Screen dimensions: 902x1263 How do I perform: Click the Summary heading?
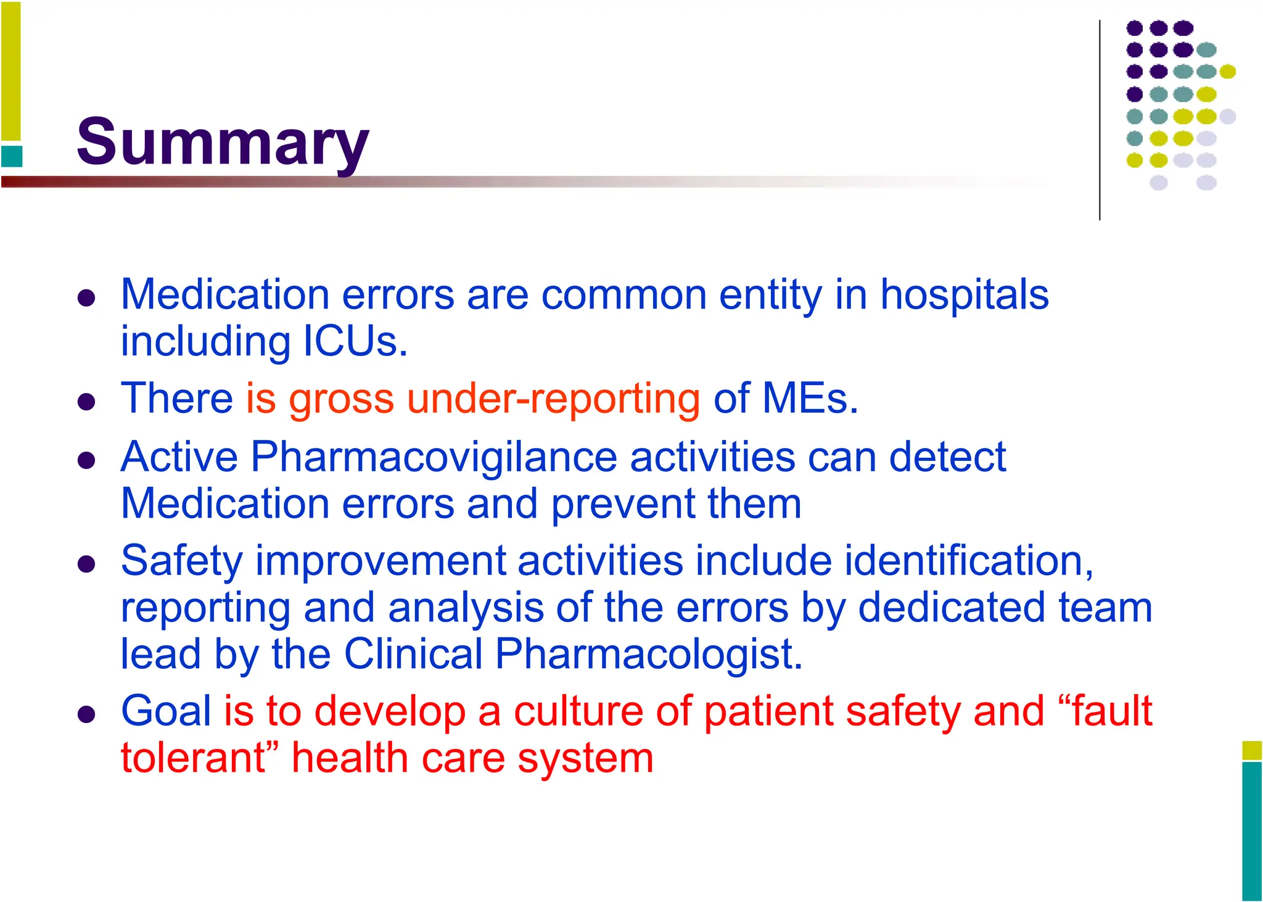click(x=223, y=143)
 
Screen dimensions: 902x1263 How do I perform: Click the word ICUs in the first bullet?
click(x=356, y=341)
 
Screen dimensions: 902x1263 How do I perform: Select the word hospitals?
click(x=964, y=294)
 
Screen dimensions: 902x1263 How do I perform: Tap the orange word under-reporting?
click(x=553, y=399)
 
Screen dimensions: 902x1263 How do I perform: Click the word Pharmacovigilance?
click(x=434, y=457)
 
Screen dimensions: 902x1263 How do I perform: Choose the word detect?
click(x=947, y=457)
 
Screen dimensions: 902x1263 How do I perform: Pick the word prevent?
click(x=623, y=504)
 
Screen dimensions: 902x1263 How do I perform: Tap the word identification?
click(x=968, y=561)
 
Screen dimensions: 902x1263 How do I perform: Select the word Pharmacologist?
click(x=649, y=654)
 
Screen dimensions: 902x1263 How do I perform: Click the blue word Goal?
click(x=166, y=711)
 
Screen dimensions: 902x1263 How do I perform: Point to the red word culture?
click(x=578, y=711)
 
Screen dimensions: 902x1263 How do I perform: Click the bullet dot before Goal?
click(x=86, y=715)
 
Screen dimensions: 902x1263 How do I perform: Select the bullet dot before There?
click(x=86, y=403)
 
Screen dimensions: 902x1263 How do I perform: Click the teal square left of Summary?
click(x=12, y=156)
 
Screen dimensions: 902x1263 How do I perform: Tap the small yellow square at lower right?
click(x=1252, y=750)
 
